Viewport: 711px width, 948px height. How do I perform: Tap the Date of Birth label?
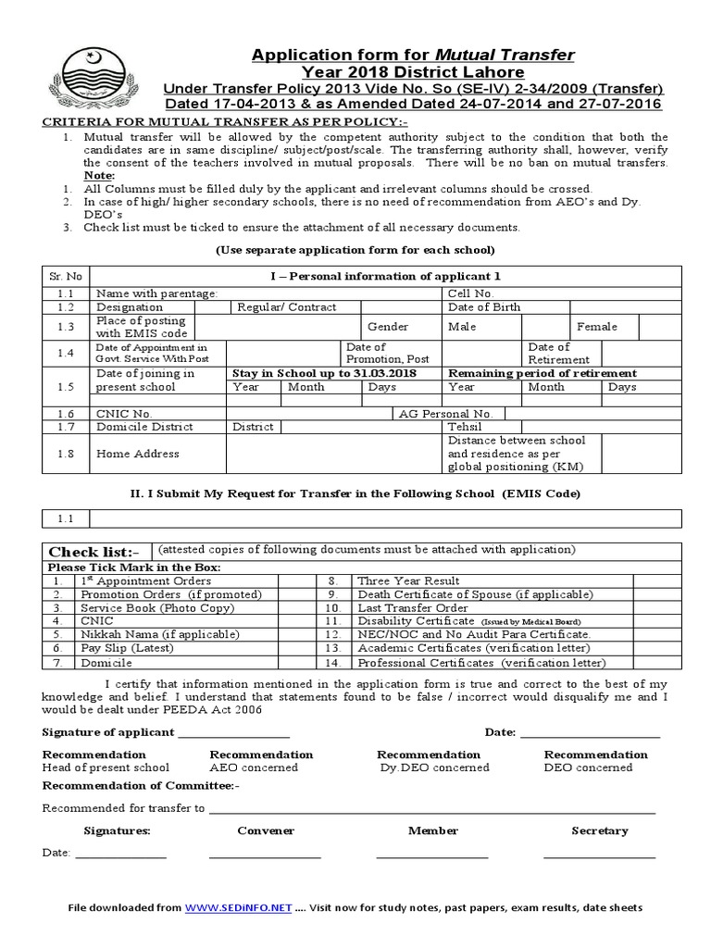[x=484, y=306]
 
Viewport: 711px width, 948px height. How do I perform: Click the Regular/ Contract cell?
[x=287, y=306]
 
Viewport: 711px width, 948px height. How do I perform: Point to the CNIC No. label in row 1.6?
[x=125, y=413]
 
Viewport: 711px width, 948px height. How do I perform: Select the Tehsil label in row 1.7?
[x=466, y=427]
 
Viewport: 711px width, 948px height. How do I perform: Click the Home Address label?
[x=138, y=454]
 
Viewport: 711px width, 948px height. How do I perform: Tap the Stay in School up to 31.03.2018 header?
[x=323, y=373]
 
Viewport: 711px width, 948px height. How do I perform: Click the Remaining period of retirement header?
[x=542, y=373]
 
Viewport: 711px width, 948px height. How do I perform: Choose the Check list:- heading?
[x=93, y=552]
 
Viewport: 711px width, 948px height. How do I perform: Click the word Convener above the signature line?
[x=266, y=830]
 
